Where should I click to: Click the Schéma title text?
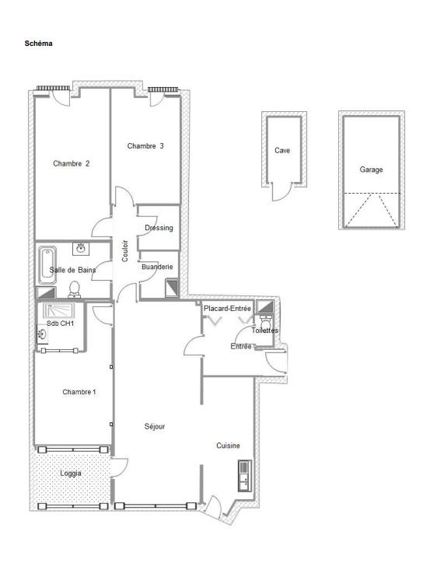[38, 44]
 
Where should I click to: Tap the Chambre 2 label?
[71, 163]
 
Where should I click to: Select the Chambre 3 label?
[145, 145]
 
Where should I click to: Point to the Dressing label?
[159, 228]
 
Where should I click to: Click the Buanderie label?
[156, 267]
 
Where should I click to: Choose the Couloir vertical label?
[125, 250]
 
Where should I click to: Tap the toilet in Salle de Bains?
[75, 289]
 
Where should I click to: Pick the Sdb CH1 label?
[60, 323]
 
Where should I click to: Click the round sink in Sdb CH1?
[41, 335]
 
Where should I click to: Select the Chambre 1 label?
[79, 392]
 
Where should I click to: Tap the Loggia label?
[71, 473]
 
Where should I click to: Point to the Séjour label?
[155, 426]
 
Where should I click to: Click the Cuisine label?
[228, 446]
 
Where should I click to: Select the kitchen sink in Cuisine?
[244, 475]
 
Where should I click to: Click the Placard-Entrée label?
[227, 309]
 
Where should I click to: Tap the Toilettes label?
[264, 330]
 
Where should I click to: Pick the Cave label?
[282, 151]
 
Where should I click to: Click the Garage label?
[371, 170]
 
